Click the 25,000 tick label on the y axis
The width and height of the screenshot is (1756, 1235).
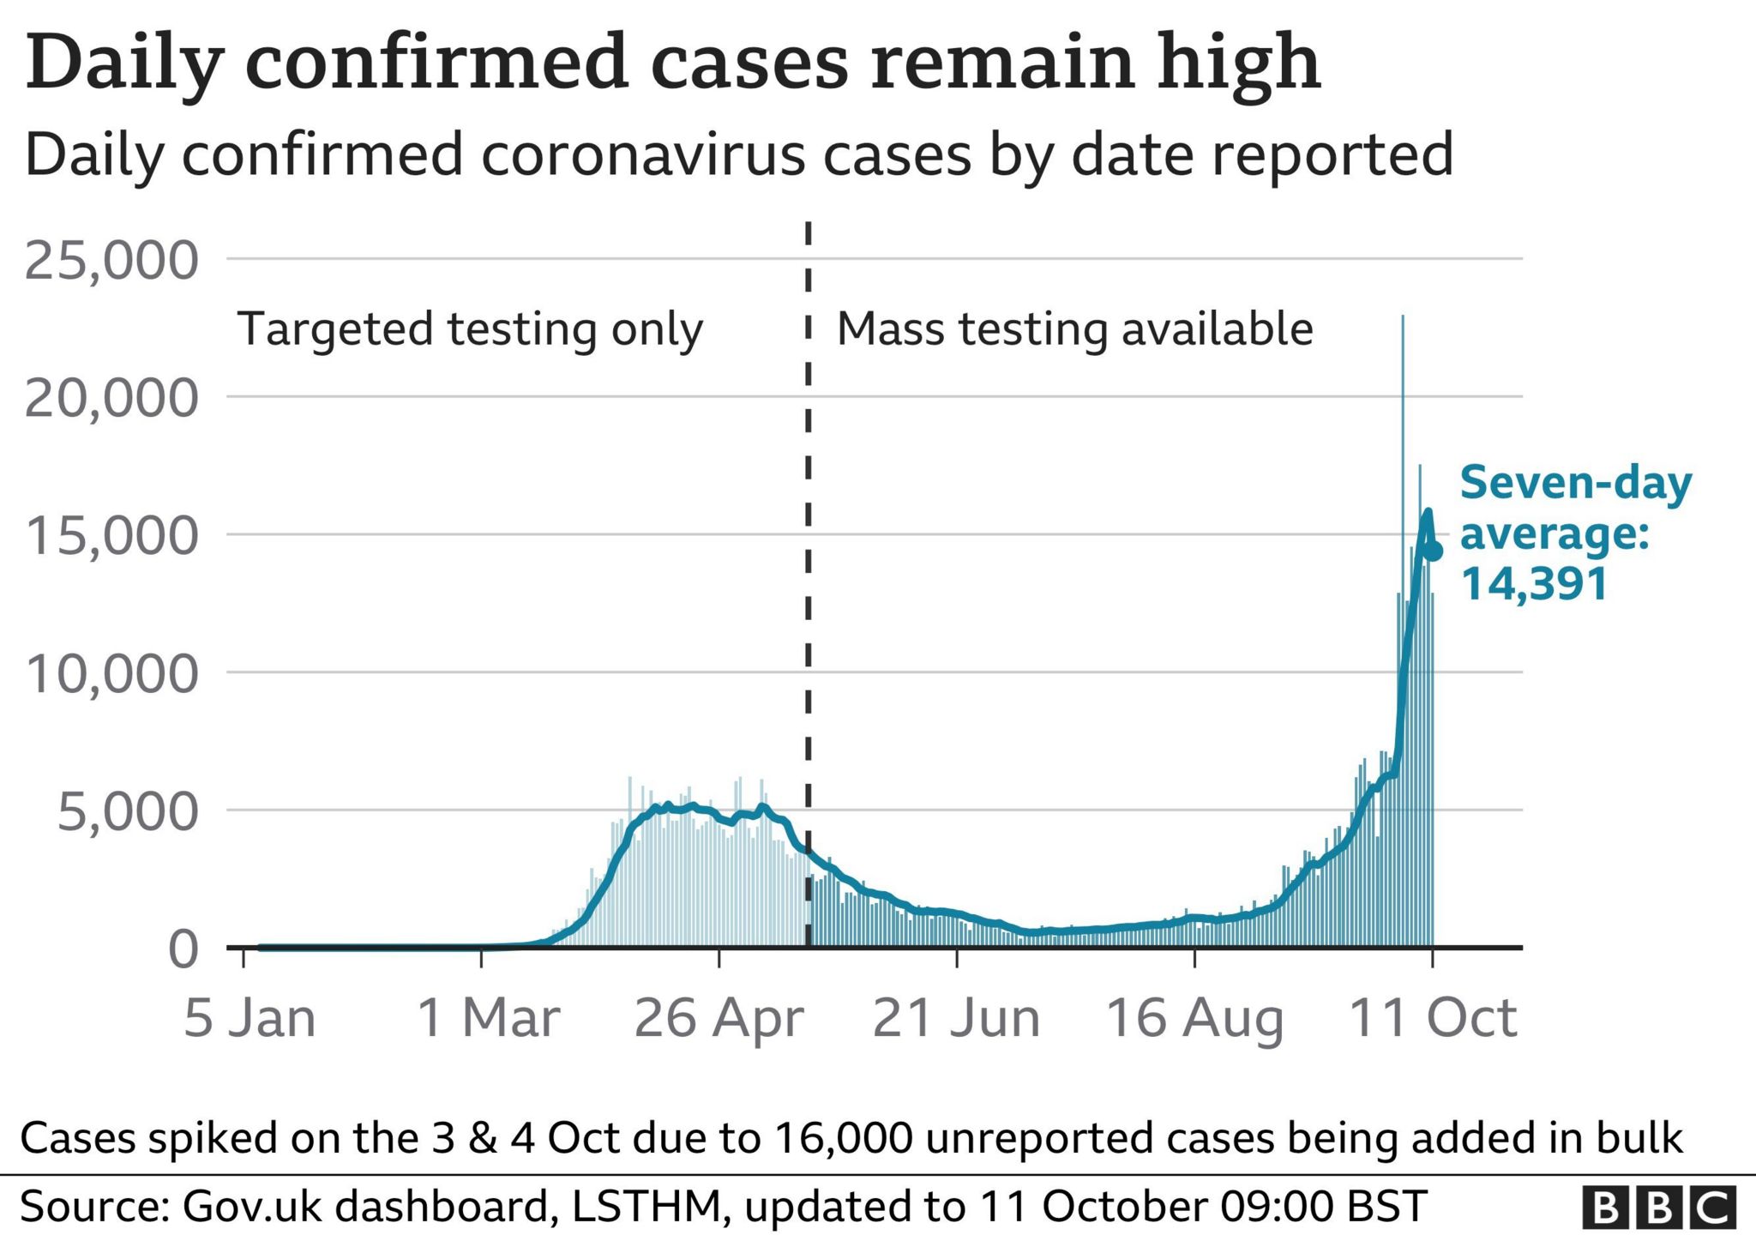pos(111,260)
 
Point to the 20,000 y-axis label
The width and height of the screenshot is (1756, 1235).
pos(111,399)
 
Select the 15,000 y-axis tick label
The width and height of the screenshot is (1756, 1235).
pos(111,536)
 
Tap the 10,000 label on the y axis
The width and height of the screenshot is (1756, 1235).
pos(111,674)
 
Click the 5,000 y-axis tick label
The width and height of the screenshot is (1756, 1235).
pos(127,811)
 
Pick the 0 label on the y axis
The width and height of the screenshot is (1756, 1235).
pos(183,949)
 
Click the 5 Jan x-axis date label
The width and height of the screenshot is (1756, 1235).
pos(250,1018)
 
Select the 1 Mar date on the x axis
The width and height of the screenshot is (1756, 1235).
pos(488,1018)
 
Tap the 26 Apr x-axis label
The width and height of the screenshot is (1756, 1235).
pos(719,1018)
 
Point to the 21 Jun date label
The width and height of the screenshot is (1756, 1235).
pos(956,1018)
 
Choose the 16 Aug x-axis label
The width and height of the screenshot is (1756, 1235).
pos(1194,1018)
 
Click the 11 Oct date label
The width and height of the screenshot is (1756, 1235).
pos(1433,1018)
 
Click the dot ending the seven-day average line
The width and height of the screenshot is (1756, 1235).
pos(1433,551)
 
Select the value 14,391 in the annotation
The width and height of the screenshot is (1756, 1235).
pos(1534,585)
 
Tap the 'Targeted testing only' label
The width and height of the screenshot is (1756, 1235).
pos(470,330)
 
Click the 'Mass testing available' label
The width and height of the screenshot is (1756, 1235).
pos(1074,329)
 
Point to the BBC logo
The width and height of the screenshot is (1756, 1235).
pos(1658,1208)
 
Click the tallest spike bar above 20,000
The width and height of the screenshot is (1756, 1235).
pos(1403,429)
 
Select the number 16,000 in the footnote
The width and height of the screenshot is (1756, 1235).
pos(843,1138)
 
